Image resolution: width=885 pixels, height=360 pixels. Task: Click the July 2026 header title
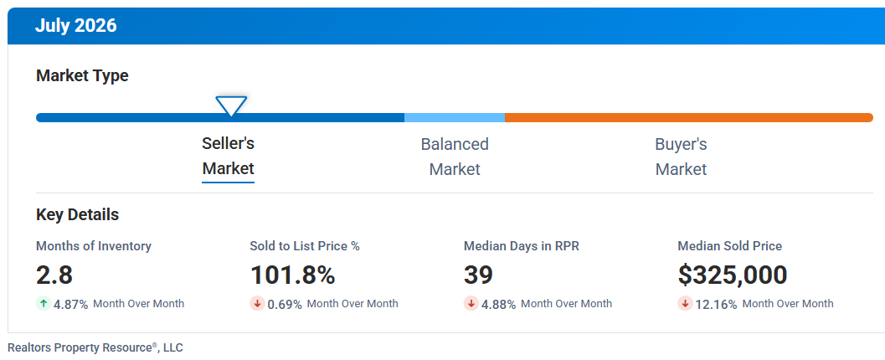point(75,26)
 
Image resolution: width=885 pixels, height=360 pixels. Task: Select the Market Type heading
point(82,75)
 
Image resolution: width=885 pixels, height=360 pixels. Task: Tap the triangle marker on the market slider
point(231,106)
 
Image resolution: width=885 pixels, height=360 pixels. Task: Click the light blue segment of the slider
point(455,117)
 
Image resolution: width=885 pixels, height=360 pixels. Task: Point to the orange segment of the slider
point(688,117)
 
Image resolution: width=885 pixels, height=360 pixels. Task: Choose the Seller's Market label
point(228,156)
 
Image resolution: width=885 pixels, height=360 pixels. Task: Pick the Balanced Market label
point(455,157)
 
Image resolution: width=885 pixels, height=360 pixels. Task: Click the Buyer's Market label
point(681,157)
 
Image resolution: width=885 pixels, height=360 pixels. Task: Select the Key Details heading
point(77,215)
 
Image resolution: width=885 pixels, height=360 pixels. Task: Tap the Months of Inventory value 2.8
point(54,275)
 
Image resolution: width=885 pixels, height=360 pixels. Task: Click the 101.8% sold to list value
point(292,275)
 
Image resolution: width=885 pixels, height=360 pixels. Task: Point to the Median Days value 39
point(478,275)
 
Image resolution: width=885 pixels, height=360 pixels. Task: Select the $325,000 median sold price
point(732,275)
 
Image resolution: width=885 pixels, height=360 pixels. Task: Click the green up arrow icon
point(44,304)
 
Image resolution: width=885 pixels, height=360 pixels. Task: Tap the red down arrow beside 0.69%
point(257,304)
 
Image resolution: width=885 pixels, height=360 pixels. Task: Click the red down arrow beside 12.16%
point(685,304)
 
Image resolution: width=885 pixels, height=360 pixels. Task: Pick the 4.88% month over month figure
point(498,304)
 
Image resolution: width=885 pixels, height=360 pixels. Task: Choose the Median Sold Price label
point(730,246)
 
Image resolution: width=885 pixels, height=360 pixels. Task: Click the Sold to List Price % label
point(305,246)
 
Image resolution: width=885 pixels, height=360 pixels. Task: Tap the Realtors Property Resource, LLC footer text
point(95,347)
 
